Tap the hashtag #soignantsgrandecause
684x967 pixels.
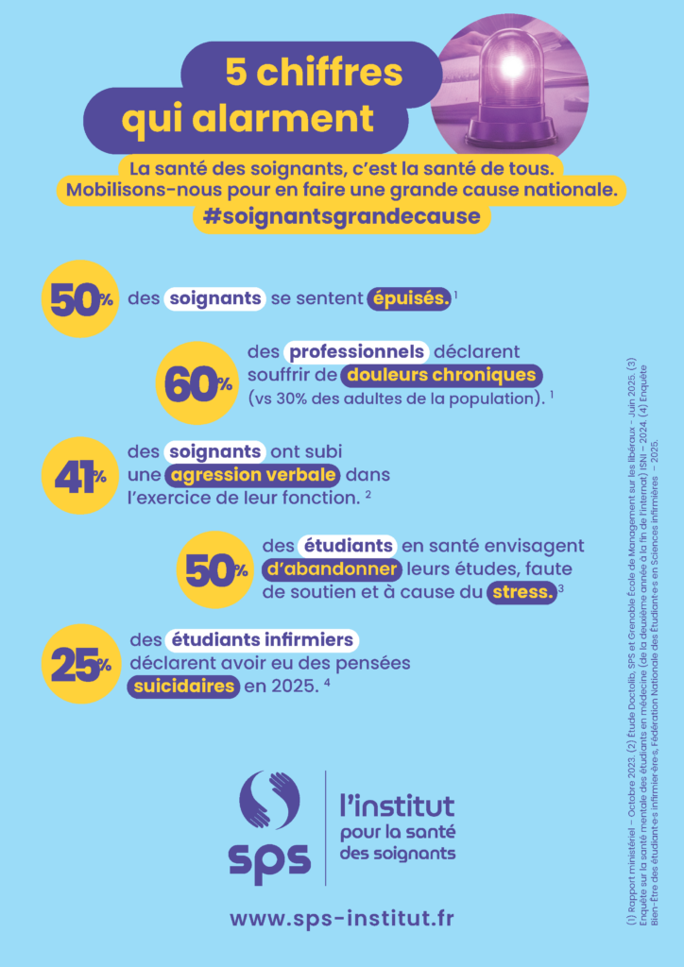[x=341, y=216]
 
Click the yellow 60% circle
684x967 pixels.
[x=197, y=382]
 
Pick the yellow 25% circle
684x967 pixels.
[x=79, y=664]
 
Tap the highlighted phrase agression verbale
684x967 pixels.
[x=250, y=473]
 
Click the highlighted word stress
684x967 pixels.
[x=522, y=593]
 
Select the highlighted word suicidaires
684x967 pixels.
[x=182, y=686]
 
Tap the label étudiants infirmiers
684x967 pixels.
[x=248, y=640]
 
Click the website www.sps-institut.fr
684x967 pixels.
[x=341, y=918]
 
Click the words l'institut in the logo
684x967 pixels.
[x=397, y=806]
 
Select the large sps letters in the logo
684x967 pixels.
[x=269, y=860]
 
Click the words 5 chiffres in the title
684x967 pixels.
[x=313, y=73]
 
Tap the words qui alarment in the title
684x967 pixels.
[x=248, y=119]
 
